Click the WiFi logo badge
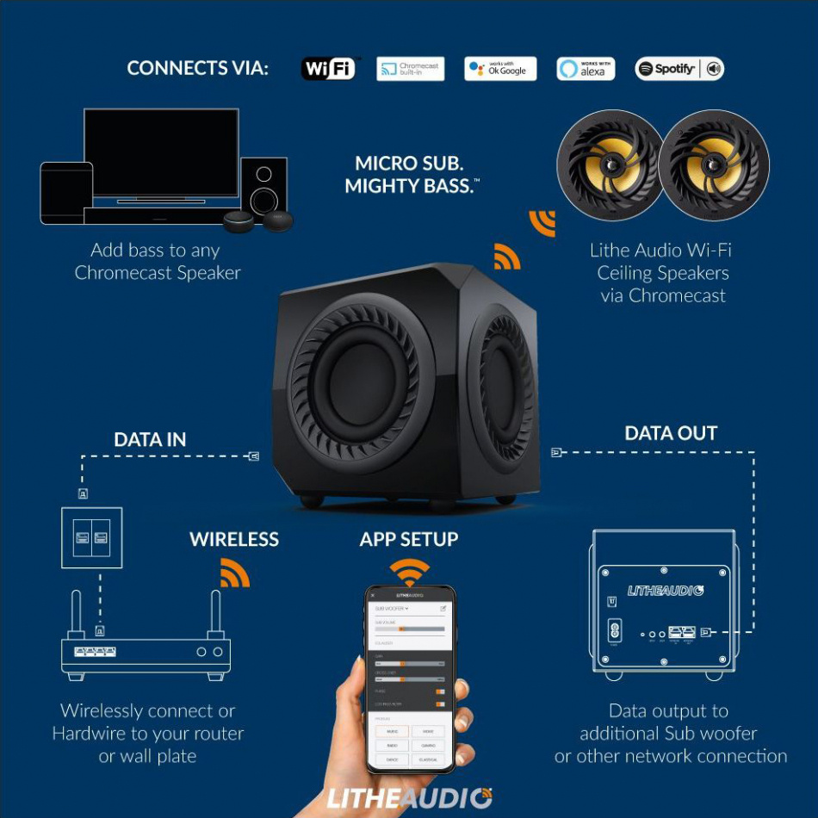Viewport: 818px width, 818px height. [328, 69]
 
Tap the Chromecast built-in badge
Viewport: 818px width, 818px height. [410, 69]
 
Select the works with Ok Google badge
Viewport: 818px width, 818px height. [500, 69]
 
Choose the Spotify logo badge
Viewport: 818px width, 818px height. [679, 69]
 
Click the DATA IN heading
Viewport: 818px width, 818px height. [150, 440]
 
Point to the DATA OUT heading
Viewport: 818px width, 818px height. [671, 433]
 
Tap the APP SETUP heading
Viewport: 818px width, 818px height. [409, 540]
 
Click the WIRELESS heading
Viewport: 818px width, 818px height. [234, 540]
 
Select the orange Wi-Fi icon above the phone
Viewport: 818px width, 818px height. [409, 572]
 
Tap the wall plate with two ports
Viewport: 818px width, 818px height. [91, 537]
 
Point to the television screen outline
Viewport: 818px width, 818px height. [161, 152]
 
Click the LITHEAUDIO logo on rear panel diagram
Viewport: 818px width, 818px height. [665, 591]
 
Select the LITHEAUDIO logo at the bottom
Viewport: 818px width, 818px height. [409, 796]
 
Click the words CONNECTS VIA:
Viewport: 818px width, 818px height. [198, 69]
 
